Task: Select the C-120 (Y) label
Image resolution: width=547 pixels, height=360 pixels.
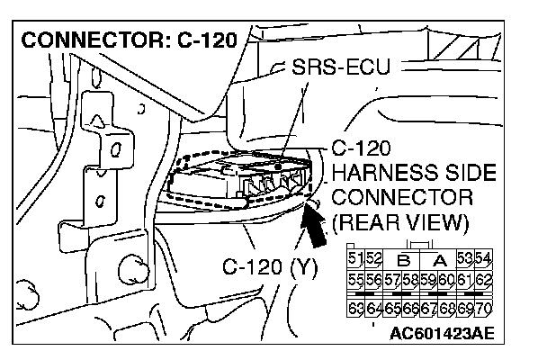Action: click(268, 267)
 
